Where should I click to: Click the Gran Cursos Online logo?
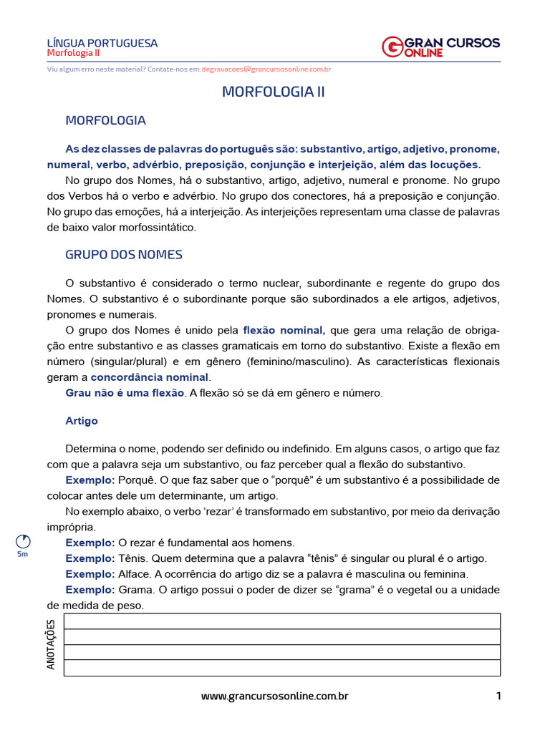pyautogui.click(x=440, y=47)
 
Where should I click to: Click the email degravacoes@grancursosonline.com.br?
pyautogui.click(x=266, y=69)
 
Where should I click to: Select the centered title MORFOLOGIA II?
pyautogui.click(x=274, y=92)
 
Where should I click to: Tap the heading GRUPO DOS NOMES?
pyautogui.click(x=124, y=255)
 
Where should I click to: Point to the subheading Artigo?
pyautogui.click(x=82, y=421)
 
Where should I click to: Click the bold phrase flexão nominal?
pyautogui.click(x=284, y=330)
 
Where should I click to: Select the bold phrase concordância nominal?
pyautogui.click(x=150, y=377)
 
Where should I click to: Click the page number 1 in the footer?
pyautogui.click(x=498, y=696)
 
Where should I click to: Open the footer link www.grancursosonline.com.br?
pyautogui.click(x=274, y=696)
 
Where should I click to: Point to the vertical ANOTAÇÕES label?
pyautogui.click(x=51, y=644)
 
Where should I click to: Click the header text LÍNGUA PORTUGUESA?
pyautogui.click(x=102, y=43)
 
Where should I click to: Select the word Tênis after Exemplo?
pyautogui.click(x=133, y=558)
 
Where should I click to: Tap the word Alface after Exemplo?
pyautogui.click(x=135, y=574)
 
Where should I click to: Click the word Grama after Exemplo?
pyautogui.click(x=135, y=590)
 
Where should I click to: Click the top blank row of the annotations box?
pyautogui.click(x=282, y=621)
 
